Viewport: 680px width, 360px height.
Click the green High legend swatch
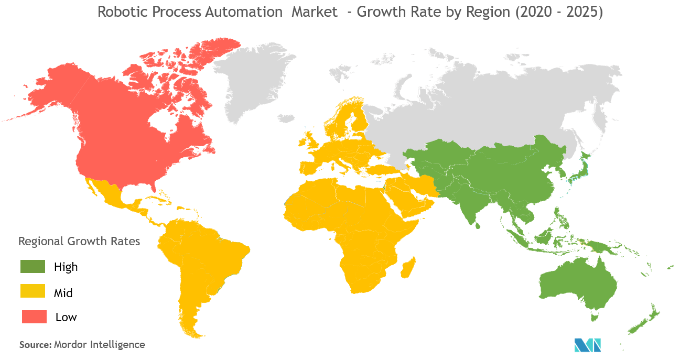[34, 267]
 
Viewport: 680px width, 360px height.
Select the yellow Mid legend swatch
[34, 292]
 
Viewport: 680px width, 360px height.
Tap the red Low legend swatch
[34, 317]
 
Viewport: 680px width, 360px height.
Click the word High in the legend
[66, 267]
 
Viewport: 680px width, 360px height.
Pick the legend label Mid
[63, 292]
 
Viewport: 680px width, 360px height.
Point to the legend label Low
[66, 317]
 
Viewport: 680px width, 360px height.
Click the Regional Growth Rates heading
[79, 242]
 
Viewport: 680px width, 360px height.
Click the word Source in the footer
[34, 345]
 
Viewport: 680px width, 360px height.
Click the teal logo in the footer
[587, 345]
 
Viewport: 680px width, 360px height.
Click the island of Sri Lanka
[478, 225]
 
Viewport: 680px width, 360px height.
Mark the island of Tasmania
[594, 317]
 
